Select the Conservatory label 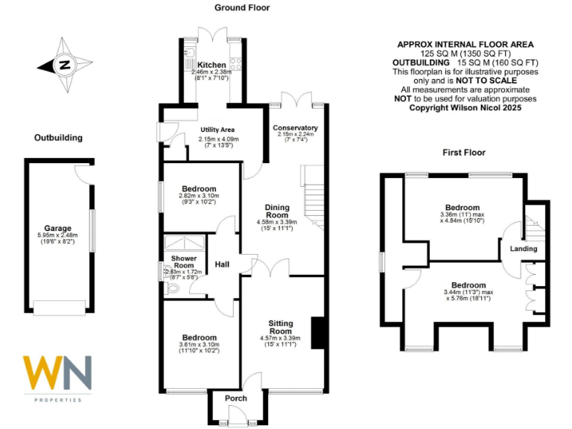295,127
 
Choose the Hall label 222,264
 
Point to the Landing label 524,249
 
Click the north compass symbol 65,65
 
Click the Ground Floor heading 242,8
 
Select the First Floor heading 464,153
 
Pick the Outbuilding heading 58,138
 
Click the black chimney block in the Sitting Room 318,333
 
